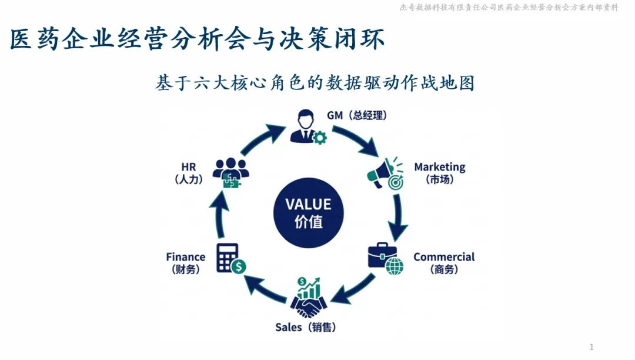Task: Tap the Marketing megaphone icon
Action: [x=386, y=172]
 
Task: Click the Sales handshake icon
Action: [x=308, y=298]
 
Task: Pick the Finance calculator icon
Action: [x=230, y=259]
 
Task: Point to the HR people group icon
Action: [x=230, y=171]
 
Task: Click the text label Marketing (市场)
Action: [x=440, y=173]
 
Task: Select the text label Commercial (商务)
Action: [x=444, y=263]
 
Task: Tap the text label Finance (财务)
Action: [x=186, y=263]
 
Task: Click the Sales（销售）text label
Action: [x=306, y=327]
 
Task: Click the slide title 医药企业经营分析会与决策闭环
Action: [x=198, y=40]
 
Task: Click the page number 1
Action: [x=591, y=347]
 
